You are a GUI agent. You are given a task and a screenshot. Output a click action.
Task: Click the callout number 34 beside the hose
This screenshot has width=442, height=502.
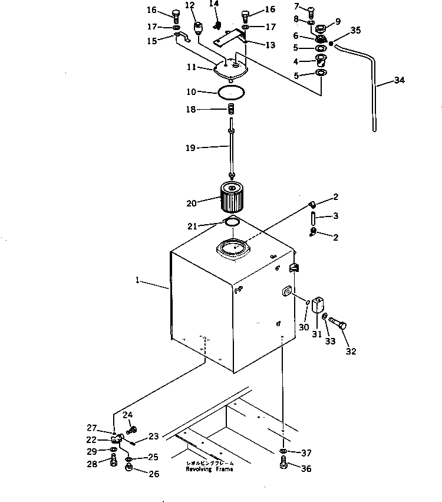(x=399, y=81)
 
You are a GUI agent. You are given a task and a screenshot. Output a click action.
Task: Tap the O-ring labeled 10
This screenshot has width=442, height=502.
(x=230, y=92)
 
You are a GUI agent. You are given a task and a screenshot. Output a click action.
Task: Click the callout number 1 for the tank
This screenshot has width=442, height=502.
(x=137, y=282)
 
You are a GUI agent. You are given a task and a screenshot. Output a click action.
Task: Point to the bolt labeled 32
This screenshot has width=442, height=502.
(x=338, y=323)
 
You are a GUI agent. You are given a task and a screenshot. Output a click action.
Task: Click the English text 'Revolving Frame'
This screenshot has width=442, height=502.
(x=209, y=469)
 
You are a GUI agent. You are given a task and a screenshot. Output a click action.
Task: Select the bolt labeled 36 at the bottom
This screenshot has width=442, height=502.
(x=284, y=466)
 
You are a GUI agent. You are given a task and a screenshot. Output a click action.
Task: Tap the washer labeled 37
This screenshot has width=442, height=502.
(x=283, y=452)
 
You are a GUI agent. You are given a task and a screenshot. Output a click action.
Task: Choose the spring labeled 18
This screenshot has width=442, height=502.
(x=232, y=109)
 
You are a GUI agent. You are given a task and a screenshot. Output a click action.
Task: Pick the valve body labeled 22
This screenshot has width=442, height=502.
(x=117, y=438)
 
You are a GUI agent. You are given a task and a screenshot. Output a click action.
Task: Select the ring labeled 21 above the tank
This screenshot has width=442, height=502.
(x=232, y=222)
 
